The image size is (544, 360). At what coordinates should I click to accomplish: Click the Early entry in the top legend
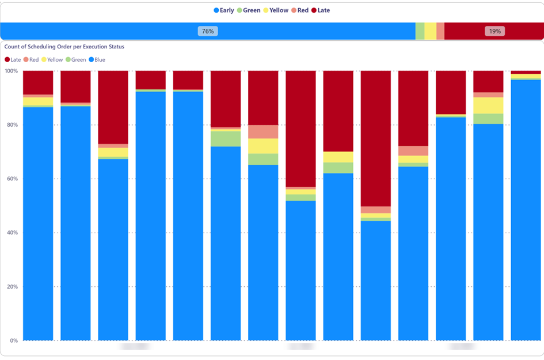pyautogui.click(x=224, y=10)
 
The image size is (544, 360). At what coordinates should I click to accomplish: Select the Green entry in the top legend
pyautogui.click(x=249, y=10)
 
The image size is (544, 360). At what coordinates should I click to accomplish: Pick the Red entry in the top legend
pyautogui.click(x=300, y=10)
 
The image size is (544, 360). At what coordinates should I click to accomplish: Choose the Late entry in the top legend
pyautogui.click(x=321, y=10)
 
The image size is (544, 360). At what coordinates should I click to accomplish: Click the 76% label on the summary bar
pyautogui.click(x=208, y=31)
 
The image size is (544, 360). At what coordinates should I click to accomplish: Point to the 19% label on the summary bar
pyautogui.click(x=494, y=31)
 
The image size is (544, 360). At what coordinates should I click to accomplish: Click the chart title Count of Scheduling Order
pyautogui.click(x=64, y=47)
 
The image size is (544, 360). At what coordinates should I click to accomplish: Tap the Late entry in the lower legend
pyautogui.click(x=13, y=60)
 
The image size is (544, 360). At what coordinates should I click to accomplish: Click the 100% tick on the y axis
pyautogui.click(x=12, y=71)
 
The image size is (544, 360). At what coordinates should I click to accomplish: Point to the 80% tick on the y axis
pyautogui.click(x=13, y=125)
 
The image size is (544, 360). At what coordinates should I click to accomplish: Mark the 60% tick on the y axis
pyautogui.click(x=13, y=179)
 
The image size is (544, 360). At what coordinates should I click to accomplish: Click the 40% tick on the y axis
pyautogui.click(x=13, y=233)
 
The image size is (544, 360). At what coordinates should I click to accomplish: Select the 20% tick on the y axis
pyautogui.click(x=13, y=287)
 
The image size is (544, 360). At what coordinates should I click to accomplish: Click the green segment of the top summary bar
pyautogui.click(x=420, y=31)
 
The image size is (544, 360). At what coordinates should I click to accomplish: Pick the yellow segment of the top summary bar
pyautogui.click(x=430, y=31)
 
